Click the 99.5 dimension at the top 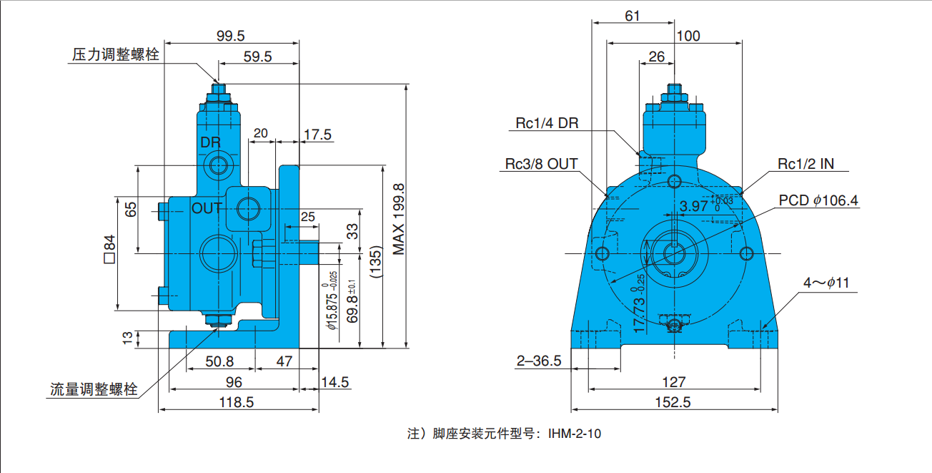[x=230, y=35]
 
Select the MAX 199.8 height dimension [x=399, y=219]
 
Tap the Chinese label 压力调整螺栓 [x=115, y=55]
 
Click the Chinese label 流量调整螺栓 [x=93, y=390]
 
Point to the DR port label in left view [x=210, y=142]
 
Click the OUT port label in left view [x=207, y=208]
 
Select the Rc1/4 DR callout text [x=547, y=123]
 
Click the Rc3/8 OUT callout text [x=541, y=164]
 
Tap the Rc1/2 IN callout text [x=805, y=164]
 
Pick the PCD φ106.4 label [x=818, y=200]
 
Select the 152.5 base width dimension [x=673, y=402]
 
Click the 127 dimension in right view [x=673, y=382]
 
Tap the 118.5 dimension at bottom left [x=237, y=402]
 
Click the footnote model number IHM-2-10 [x=574, y=434]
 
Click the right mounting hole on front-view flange [x=746, y=253]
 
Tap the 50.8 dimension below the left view [x=219, y=361]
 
